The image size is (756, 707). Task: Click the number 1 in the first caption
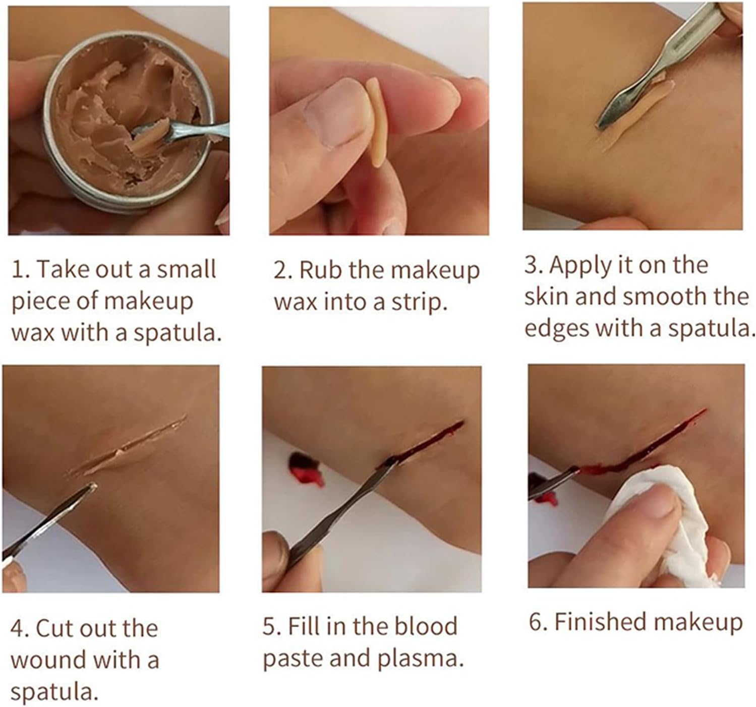pos(18,270)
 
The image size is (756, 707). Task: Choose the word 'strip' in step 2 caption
pos(423,303)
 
